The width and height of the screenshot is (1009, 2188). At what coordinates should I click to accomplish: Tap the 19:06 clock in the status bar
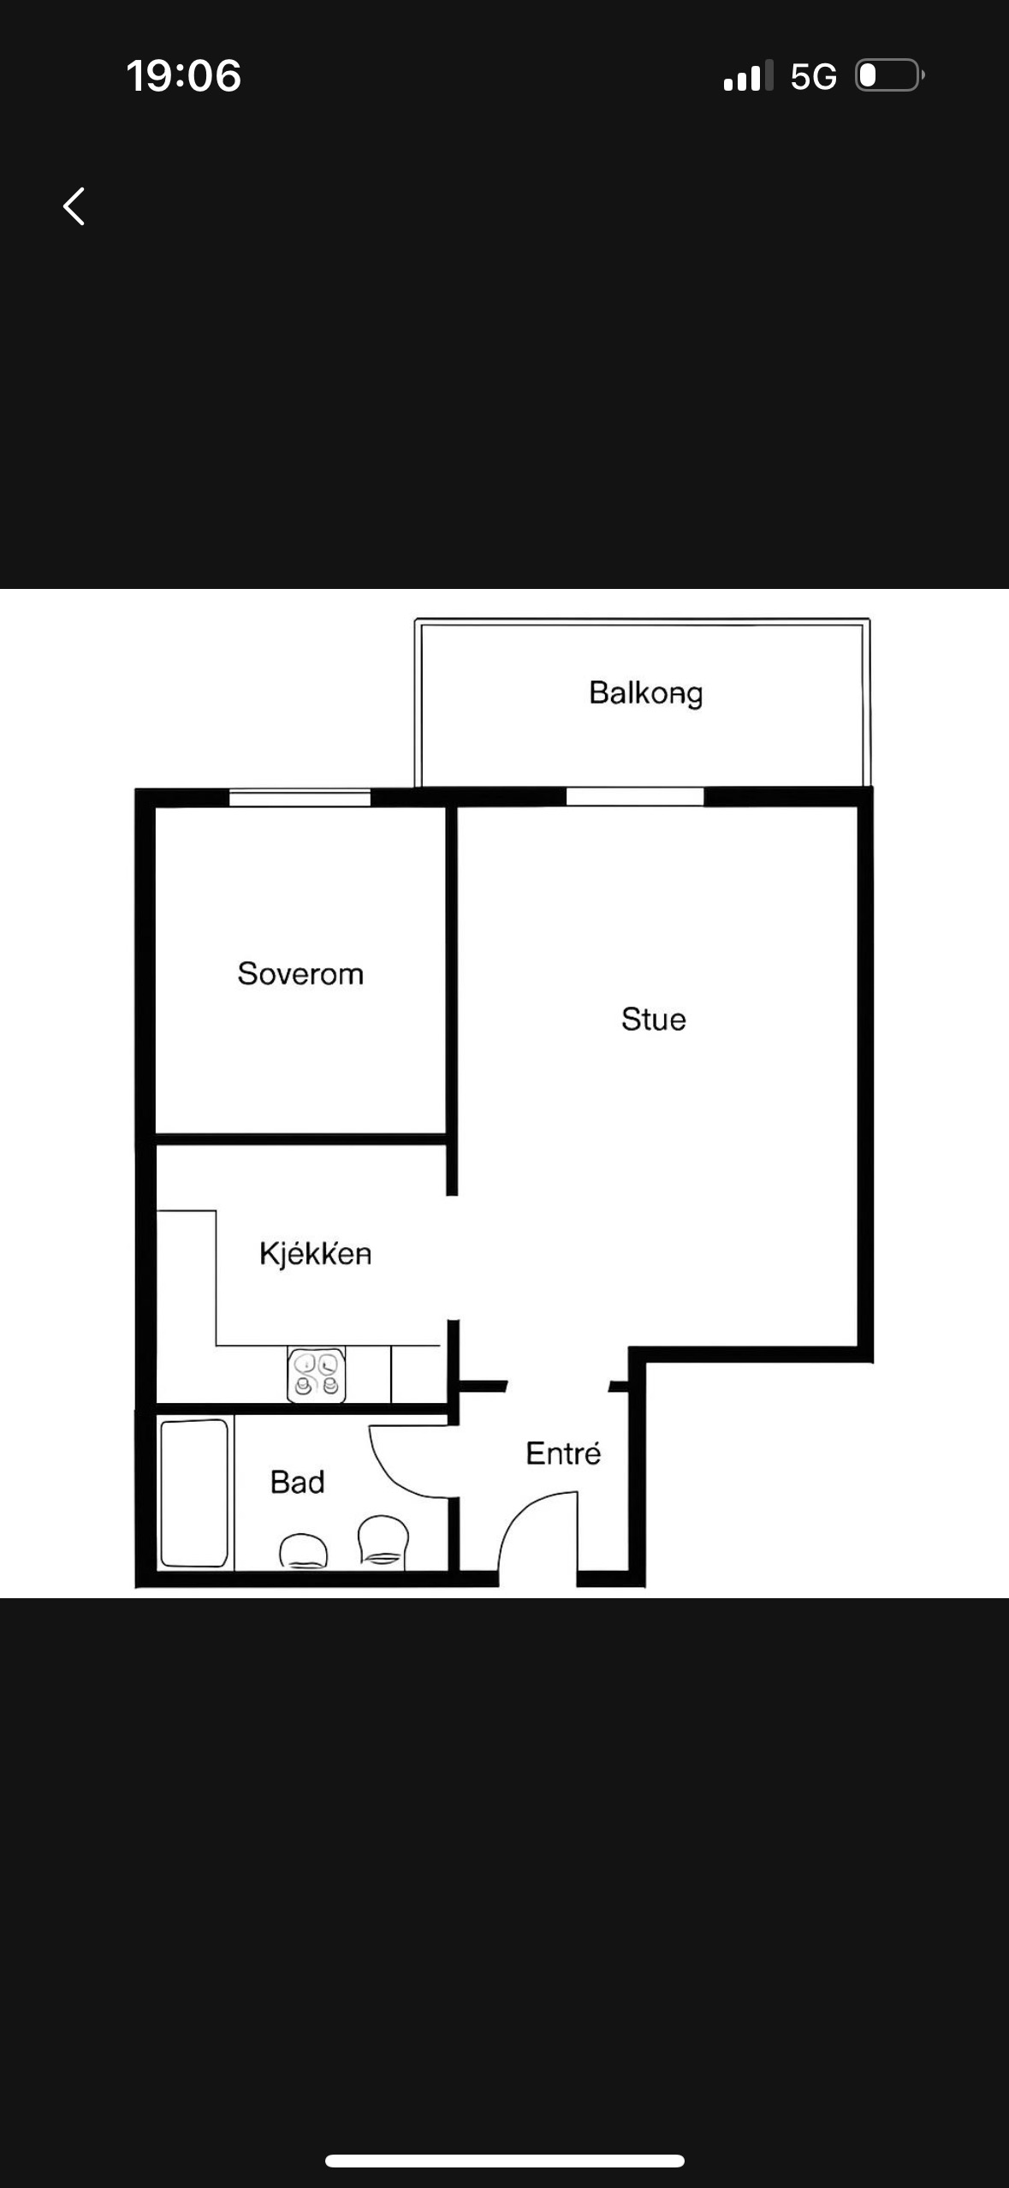pyautogui.click(x=184, y=75)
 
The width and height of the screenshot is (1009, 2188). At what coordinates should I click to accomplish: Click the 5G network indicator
pyautogui.click(x=813, y=76)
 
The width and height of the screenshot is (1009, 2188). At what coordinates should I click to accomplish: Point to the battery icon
pyautogui.click(x=889, y=75)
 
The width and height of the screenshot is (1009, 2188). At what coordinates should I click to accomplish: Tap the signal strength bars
pyautogui.click(x=747, y=75)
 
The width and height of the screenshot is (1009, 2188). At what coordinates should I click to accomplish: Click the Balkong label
pyautogui.click(x=645, y=693)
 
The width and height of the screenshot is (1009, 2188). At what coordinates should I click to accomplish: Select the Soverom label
pyautogui.click(x=300, y=973)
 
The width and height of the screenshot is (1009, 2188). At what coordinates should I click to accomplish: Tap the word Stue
pyautogui.click(x=653, y=1019)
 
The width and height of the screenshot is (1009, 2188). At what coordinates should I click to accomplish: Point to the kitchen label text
pyautogui.click(x=315, y=1254)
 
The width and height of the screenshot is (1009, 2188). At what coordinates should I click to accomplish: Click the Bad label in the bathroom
pyautogui.click(x=297, y=1482)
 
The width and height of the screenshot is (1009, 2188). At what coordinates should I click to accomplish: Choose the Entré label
pyautogui.click(x=563, y=1453)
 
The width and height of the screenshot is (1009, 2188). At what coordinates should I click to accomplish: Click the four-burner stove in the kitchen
pyautogui.click(x=317, y=1376)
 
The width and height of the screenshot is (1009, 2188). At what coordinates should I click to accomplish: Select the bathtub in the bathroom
pyautogui.click(x=194, y=1493)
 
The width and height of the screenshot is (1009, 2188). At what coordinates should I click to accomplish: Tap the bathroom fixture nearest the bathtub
pyautogui.click(x=303, y=1551)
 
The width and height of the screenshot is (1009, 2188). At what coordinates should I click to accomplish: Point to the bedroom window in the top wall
pyautogui.click(x=300, y=798)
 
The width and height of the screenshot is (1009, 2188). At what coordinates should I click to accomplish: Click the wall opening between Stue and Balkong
pyautogui.click(x=634, y=797)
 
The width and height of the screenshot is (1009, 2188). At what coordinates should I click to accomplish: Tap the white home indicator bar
pyautogui.click(x=504, y=2161)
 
